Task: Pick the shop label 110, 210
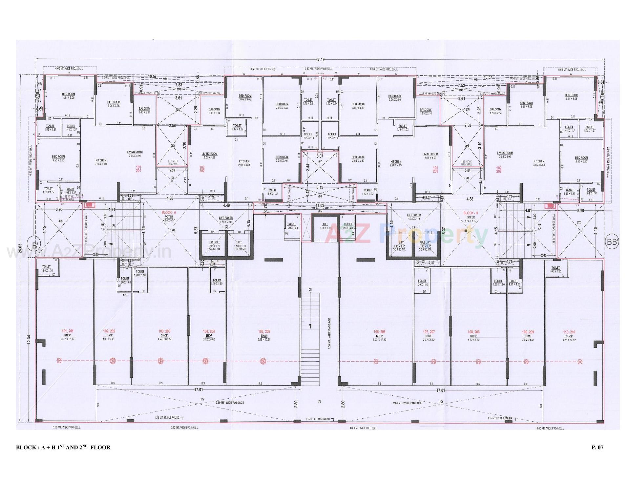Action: pos(569,334)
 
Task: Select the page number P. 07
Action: pos(598,447)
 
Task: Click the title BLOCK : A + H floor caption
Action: pos(63,447)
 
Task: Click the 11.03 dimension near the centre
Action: pos(320,205)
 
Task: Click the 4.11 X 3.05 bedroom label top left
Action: pos(69,96)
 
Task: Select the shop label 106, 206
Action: pos(379,334)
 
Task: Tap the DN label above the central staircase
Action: pos(310,289)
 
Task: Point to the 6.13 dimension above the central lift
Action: pos(320,187)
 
